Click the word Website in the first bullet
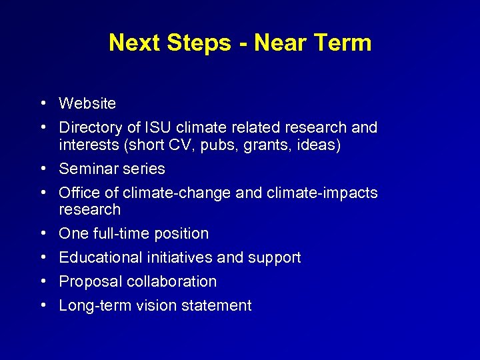tap(87, 104)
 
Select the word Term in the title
tap(341, 43)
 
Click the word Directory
tap(86, 127)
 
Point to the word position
tap(181, 234)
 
